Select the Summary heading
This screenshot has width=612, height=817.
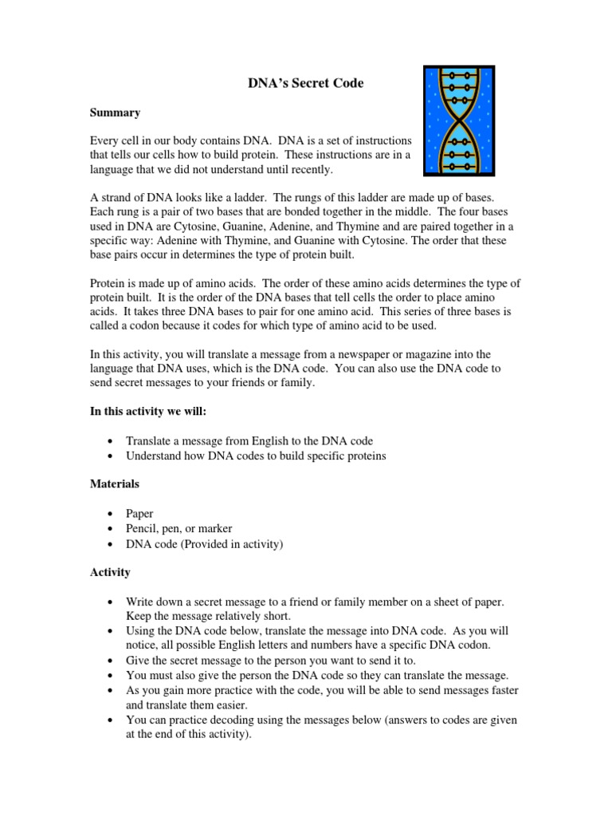[115, 112]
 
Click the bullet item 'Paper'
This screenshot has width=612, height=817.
[139, 514]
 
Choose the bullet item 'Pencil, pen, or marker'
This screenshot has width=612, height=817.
[179, 529]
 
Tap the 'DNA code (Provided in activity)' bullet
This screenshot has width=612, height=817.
[205, 544]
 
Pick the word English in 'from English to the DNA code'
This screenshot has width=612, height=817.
[260, 440]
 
